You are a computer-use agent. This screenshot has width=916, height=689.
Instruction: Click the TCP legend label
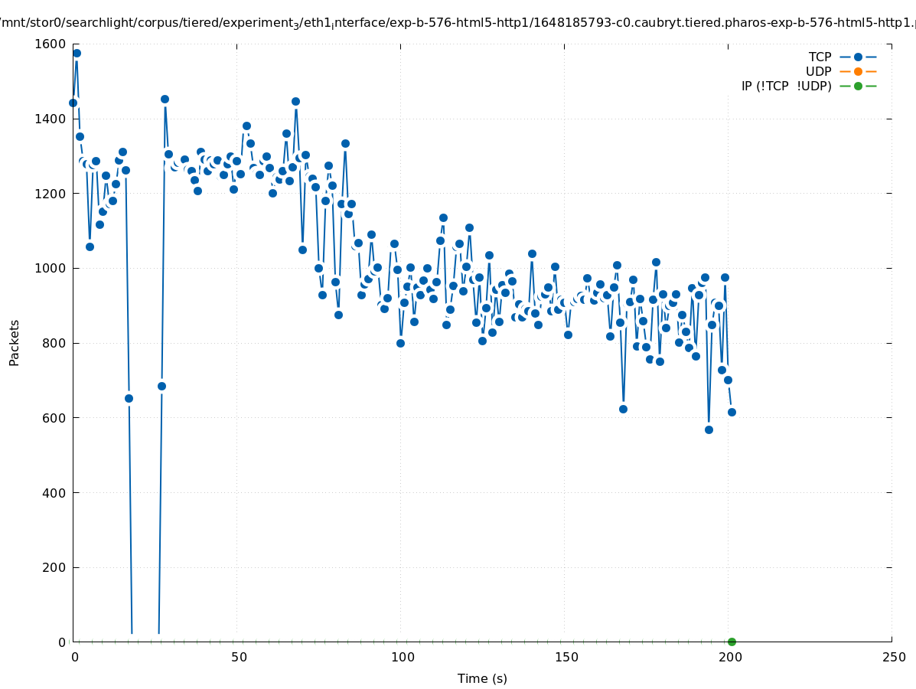coord(820,57)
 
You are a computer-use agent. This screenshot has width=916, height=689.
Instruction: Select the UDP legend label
coord(818,71)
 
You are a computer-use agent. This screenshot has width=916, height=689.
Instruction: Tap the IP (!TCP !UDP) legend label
coord(786,86)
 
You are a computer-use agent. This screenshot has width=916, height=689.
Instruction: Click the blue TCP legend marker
coord(858,57)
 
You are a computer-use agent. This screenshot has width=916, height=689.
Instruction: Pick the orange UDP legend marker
coord(858,71)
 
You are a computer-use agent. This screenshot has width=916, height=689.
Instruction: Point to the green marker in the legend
coord(858,86)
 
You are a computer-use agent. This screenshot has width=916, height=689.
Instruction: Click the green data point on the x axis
coord(732,642)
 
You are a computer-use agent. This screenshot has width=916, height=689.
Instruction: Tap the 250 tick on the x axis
coord(893,658)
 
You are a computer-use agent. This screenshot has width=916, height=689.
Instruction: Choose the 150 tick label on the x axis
coord(566,658)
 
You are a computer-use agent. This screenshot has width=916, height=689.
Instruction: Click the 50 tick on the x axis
coord(239,658)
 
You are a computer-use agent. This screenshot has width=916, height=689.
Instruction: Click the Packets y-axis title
coord(15,342)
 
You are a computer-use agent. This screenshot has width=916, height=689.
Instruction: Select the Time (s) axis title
coord(482,678)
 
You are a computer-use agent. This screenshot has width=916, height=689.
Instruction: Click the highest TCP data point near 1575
coord(77,53)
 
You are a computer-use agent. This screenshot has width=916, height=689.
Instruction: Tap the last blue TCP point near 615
coord(732,412)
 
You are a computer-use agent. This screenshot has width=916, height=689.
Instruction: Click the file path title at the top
coord(458,23)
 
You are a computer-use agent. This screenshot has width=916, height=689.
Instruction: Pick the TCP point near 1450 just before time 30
coord(165,99)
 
